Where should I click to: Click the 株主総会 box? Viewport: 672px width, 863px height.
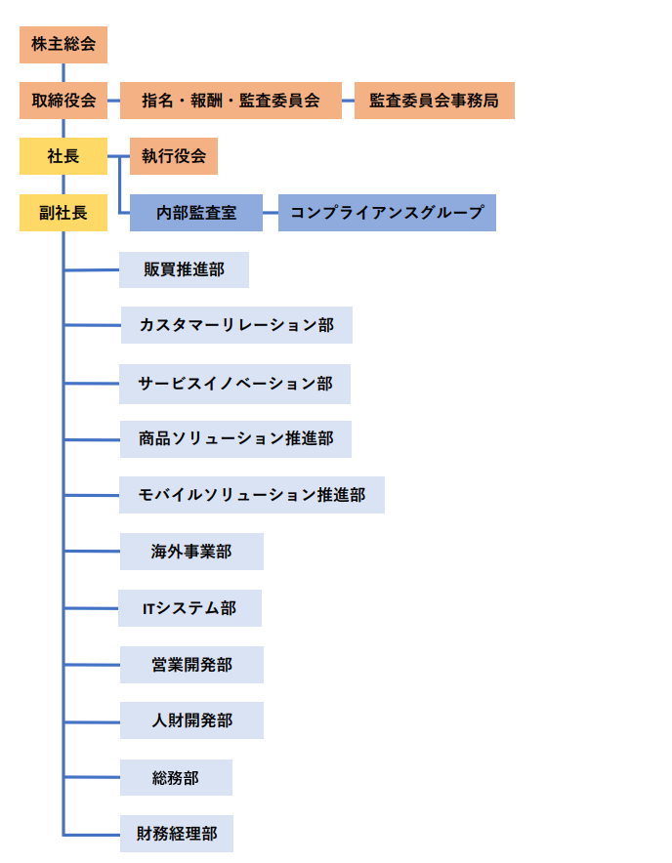63,45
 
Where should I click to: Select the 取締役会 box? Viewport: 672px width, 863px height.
63,101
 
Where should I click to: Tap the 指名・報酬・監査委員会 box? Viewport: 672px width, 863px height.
231,101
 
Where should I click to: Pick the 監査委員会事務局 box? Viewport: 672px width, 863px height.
434,101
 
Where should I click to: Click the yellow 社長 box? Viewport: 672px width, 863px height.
63,156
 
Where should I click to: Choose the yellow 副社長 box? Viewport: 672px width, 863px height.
63,213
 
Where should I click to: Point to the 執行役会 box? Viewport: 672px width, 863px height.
174,156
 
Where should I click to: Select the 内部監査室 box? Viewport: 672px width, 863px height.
196,213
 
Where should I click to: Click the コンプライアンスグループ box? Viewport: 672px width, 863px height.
387,213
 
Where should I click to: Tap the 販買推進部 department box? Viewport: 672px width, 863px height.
184,269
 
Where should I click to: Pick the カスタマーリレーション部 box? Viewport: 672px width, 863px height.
236,325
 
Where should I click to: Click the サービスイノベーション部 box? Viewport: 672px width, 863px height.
234,384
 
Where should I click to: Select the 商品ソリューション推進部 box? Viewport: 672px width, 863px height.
235,439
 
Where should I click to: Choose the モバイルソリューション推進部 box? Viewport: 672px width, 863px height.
252,495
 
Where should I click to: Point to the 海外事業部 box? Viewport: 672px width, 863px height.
191,552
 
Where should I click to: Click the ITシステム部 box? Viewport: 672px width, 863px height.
190,608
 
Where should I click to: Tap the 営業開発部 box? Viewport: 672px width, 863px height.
191,665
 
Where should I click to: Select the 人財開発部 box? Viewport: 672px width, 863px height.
191,720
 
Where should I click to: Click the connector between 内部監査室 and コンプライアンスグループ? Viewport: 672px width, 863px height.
271,213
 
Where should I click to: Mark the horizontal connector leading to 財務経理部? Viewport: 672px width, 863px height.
92,835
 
